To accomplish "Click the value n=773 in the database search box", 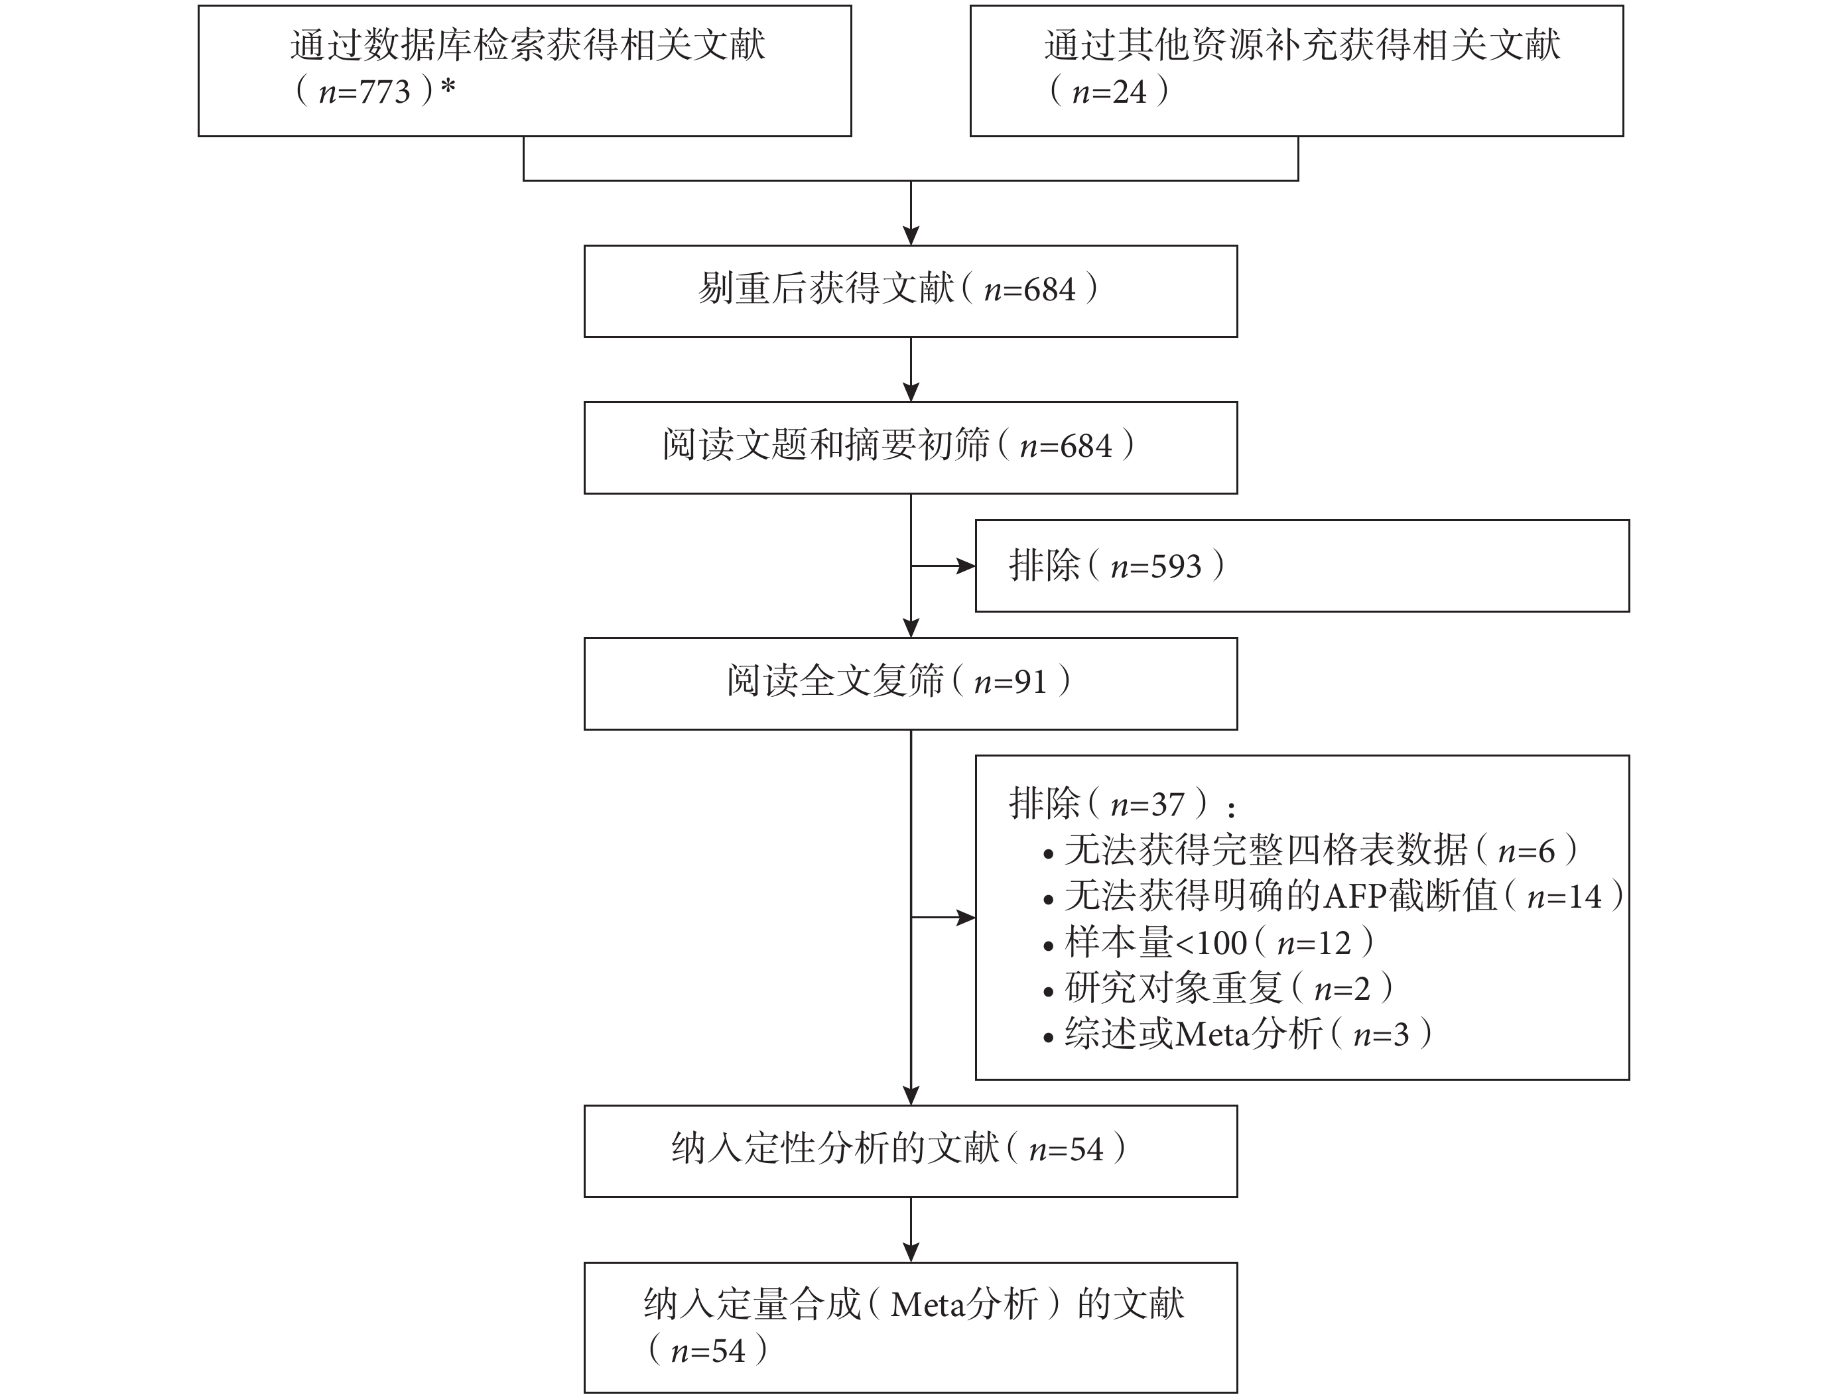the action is [365, 92].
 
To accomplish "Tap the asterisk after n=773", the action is [448, 87].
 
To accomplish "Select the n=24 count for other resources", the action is [1109, 92].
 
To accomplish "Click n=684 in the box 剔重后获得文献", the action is [1030, 290].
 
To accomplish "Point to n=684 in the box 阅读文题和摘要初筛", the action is [1066, 446].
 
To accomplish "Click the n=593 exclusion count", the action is [1156, 567].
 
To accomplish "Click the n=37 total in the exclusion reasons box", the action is [1147, 804].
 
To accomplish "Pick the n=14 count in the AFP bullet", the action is [1564, 897].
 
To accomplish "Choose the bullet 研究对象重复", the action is [1173, 989].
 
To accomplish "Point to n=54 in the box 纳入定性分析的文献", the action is [1067, 1150].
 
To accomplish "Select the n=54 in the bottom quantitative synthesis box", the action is [708, 1351].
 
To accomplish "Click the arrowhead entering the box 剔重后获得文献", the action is [911, 235].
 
